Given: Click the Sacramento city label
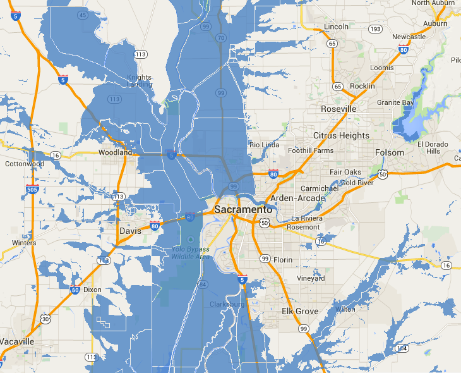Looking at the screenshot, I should pos(243,209).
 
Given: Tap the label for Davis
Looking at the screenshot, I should pos(130,231).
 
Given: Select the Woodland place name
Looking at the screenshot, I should pos(116,152).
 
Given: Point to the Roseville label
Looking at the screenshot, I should pos(338,109).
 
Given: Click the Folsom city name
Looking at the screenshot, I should pos(389,152).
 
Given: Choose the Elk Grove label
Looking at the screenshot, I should pos(300,311).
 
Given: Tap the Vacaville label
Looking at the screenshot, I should pos(17,341).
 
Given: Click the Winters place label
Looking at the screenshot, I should pos(24,243).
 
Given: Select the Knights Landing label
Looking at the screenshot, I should pos(139,81).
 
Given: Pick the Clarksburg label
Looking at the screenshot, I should pos(227,305).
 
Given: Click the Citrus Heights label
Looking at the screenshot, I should pos(341,135).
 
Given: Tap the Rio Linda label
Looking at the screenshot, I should pos(265,145).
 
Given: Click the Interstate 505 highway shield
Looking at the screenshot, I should pos(32,189).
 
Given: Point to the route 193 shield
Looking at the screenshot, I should pos(374,29).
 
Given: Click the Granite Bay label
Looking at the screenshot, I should pos(395,102).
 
